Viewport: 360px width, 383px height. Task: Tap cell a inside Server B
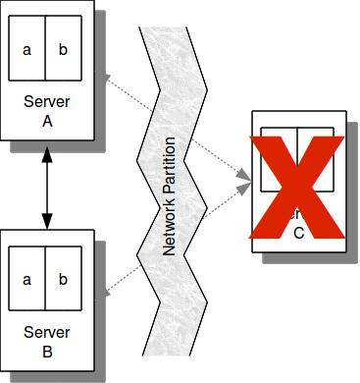tap(27, 279)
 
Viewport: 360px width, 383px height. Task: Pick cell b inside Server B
tap(63, 279)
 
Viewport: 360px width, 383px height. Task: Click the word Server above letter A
tap(46, 102)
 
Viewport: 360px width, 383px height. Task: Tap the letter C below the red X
tap(298, 232)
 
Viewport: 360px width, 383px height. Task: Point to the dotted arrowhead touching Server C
tap(244, 178)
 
